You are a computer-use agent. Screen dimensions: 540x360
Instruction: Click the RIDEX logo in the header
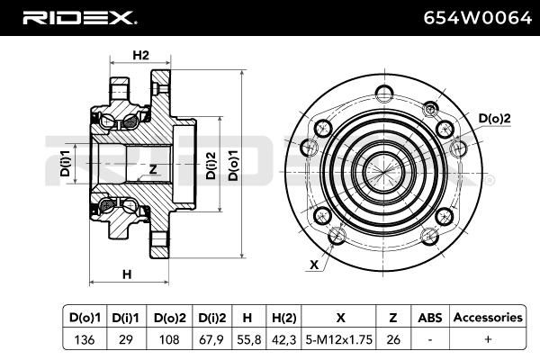point(79,18)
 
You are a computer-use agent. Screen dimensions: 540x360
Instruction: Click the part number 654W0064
point(477,18)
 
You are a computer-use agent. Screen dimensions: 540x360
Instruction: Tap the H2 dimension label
point(141,55)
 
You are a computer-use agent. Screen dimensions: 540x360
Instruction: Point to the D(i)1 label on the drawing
point(65,163)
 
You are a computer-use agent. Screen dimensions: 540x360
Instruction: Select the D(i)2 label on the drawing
point(211,166)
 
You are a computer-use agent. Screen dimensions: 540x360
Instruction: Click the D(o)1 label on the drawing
point(233,166)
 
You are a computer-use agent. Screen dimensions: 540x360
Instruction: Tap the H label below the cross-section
point(127,274)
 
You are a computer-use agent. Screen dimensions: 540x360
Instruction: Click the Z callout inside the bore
point(153,169)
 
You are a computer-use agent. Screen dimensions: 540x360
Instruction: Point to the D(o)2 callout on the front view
point(494,119)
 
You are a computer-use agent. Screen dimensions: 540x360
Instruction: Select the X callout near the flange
point(314,265)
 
